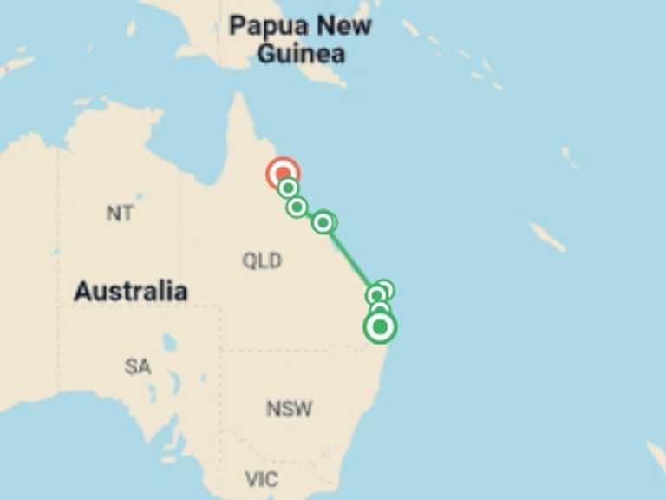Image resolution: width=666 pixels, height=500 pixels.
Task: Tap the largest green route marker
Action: click(379, 327)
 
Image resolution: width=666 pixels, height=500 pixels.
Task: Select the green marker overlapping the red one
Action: click(289, 187)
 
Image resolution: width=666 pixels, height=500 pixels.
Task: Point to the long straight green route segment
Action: click(351, 257)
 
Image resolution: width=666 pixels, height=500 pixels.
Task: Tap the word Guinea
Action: click(300, 53)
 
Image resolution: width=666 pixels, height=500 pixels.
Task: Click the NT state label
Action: click(120, 213)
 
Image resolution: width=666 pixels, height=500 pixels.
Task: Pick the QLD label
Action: click(262, 260)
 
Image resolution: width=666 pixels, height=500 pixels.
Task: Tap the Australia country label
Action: click(130, 291)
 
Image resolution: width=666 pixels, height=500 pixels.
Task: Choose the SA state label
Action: click(137, 366)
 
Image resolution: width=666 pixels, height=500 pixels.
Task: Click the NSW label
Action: click(289, 408)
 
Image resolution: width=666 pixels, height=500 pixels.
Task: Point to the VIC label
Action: click(261, 478)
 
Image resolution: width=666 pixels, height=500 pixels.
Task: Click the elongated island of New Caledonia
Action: click(547, 236)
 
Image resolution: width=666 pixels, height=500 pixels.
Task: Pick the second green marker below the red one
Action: click(297, 207)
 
